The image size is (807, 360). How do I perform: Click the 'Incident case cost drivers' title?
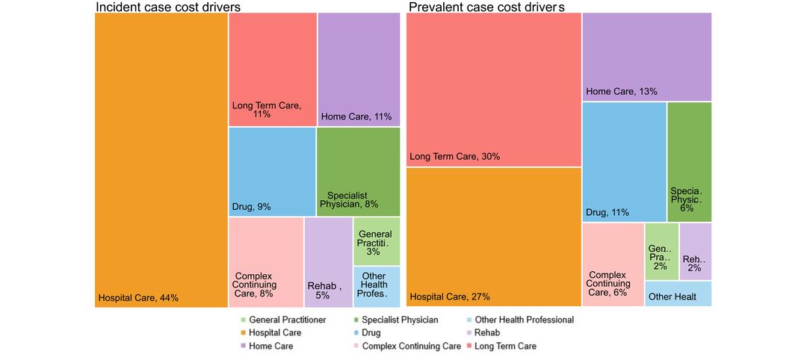(x=173, y=7)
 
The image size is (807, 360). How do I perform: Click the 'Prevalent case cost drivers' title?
(x=486, y=7)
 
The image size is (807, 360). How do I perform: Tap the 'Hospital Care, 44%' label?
(x=138, y=299)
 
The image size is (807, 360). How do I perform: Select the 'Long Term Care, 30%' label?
(x=454, y=157)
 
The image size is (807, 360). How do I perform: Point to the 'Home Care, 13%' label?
(x=622, y=92)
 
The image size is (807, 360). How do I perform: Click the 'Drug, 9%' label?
(x=251, y=207)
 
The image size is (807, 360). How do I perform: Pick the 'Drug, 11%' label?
(x=607, y=213)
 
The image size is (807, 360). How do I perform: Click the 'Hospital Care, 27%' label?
(x=450, y=297)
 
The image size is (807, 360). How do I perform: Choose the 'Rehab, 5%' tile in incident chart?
(x=328, y=261)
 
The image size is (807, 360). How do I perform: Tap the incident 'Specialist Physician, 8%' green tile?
(x=358, y=172)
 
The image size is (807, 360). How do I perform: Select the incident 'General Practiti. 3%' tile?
(x=376, y=241)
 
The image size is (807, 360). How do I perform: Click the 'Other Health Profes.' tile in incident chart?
(x=376, y=286)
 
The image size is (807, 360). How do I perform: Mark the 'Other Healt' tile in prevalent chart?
(x=678, y=294)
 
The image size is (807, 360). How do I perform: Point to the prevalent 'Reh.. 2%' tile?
(x=695, y=251)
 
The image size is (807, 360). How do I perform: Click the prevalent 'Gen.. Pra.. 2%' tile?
(x=661, y=251)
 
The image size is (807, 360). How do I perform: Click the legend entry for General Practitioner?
(x=281, y=320)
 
